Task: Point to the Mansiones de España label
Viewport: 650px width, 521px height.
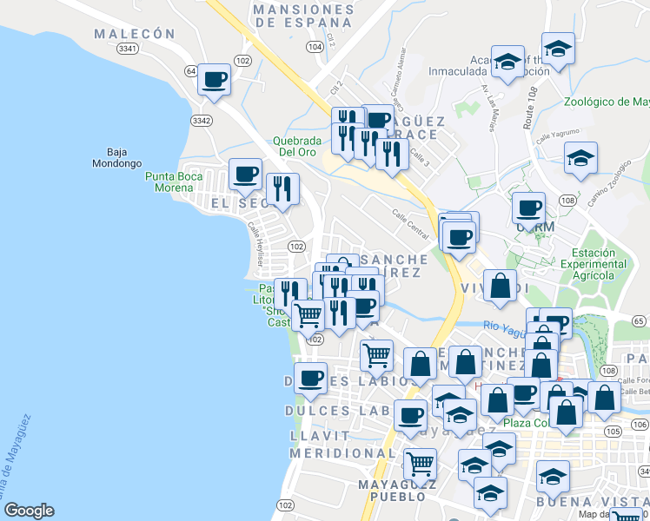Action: (302, 16)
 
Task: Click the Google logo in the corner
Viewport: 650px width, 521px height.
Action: (29, 511)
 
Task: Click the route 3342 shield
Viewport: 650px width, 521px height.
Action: (202, 121)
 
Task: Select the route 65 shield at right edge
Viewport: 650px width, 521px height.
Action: (640, 320)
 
